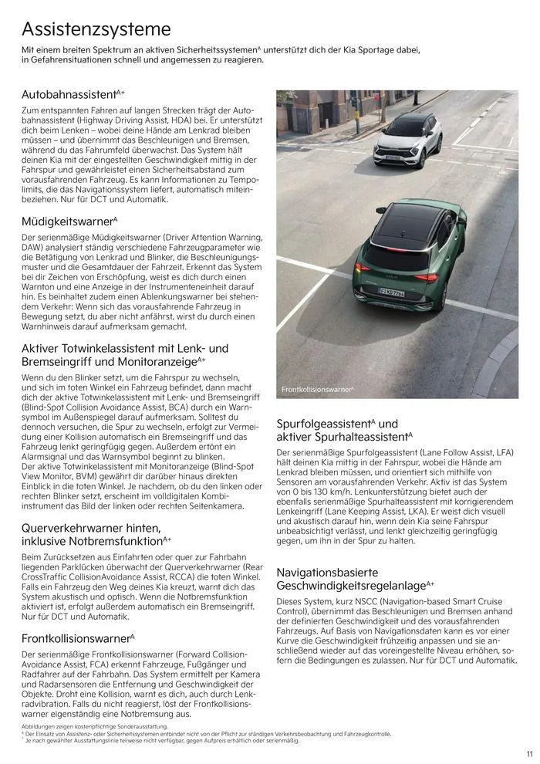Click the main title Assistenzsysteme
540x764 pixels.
(96, 29)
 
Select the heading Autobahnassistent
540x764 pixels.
(69, 94)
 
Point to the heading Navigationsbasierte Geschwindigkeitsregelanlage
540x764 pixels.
(351, 580)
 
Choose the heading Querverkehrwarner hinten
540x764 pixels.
(91, 528)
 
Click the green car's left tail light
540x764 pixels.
(363, 268)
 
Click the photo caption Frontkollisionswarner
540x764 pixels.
(316, 390)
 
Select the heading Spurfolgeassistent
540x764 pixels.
(324, 424)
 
